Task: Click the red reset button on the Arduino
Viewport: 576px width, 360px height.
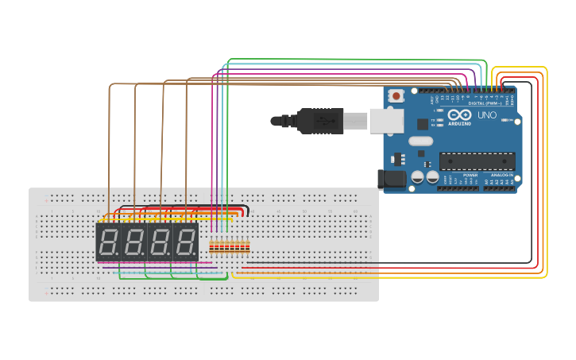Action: [396, 95]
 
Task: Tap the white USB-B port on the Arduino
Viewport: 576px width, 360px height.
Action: [387, 121]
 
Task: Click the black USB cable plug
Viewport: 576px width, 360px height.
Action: [321, 121]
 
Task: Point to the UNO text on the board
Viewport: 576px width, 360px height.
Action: [487, 115]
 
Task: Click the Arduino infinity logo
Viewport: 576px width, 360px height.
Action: [459, 114]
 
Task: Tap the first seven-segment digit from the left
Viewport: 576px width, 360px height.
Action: [108, 242]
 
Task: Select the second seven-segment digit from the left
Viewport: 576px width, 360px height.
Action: [133, 242]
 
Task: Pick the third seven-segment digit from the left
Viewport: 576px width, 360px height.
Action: [160, 242]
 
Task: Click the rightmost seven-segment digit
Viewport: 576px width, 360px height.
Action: [185, 242]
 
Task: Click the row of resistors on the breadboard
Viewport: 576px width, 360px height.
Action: [230, 247]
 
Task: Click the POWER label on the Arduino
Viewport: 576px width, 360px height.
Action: [470, 174]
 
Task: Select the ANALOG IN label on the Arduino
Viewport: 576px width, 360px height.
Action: [501, 174]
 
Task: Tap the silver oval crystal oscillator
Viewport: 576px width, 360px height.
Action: [421, 141]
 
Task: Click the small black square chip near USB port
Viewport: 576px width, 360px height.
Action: [423, 124]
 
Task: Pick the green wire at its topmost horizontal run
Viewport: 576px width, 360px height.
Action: [358, 60]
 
